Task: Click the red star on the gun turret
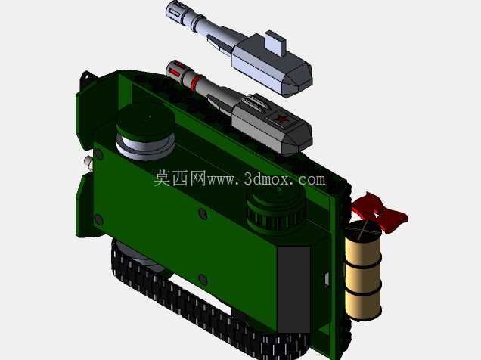(281, 118)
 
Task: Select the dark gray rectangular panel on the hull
(293, 289)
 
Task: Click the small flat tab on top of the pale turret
(275, 43)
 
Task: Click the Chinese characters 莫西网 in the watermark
(180, 178)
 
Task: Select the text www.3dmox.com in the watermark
(266, 179)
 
